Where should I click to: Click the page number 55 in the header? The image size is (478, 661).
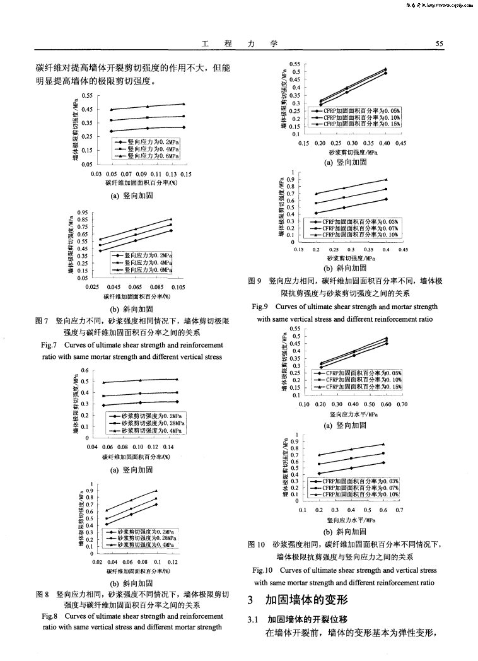coord(440,44)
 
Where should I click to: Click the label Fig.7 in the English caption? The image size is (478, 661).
coord(49,346)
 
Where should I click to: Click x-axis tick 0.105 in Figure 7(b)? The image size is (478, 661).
coord(177,287)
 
